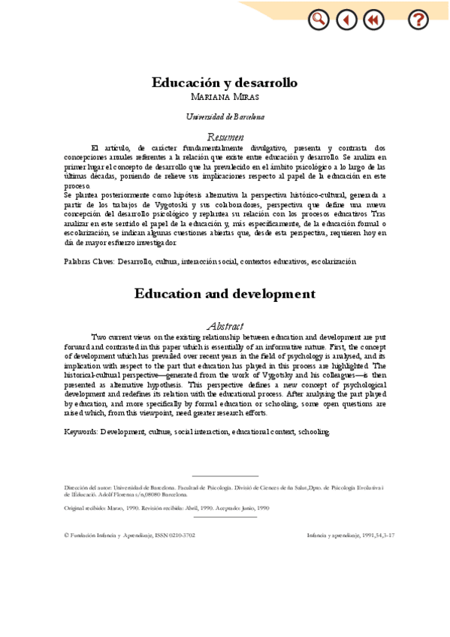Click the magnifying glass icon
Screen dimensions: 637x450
pos(319,20)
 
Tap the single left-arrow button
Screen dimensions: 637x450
pos(346,20)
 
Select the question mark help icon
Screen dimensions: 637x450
pos(418,20)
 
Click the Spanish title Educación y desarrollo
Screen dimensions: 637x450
pos(225,83)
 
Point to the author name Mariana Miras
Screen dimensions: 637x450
pos(225,97)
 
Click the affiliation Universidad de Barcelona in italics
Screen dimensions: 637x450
pos(225,117)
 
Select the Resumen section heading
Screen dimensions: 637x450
pos(225,137)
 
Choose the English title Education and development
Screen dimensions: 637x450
pos(225,294)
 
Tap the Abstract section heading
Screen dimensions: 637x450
pos(225,326)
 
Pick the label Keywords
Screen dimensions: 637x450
pos(81,433)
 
